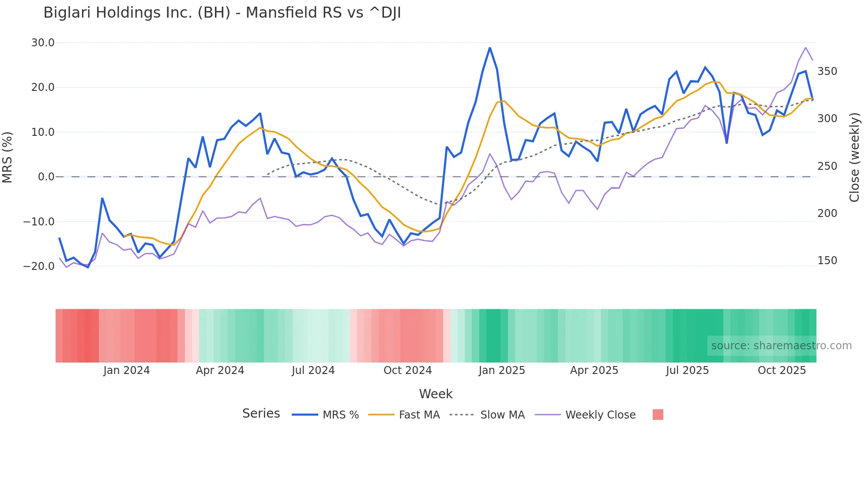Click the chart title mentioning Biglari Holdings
click(222, 13)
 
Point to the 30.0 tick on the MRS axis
click(43, 43)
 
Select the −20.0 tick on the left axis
click(39, 266)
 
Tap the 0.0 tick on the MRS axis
click(46, 177)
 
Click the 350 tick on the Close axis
click(827, 71)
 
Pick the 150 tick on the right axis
click(827, 261)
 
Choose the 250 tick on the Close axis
click(827, 166)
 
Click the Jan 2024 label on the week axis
click(127, 370)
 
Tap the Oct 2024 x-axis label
click(407, 370)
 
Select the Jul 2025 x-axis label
click(687, 370)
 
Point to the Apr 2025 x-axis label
click(594, 370)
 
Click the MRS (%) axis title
click(8, 157)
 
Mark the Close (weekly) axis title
click(855, 157)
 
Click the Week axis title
click(436, 394)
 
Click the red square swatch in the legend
click(658, 415)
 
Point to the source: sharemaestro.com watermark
click(781, 346)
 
